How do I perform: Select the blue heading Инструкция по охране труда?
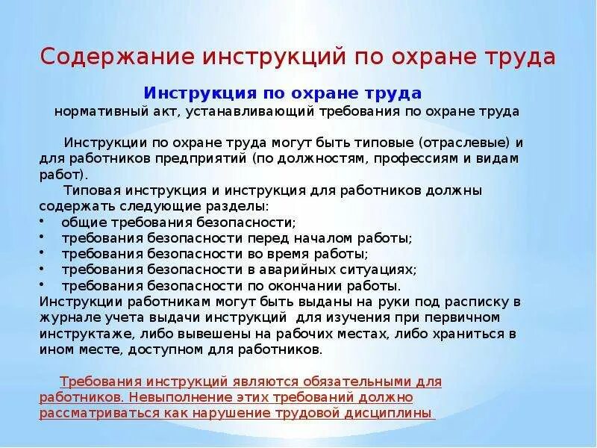pos(283,93)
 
